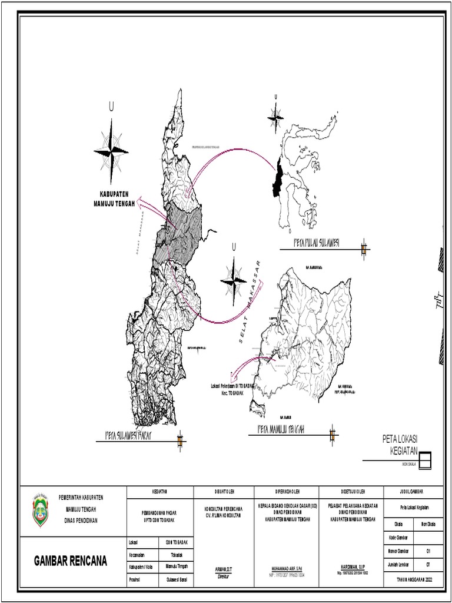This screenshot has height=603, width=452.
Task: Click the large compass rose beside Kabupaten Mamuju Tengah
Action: tap(111, 150)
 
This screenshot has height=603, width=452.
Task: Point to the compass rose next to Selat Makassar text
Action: tap(234, 280)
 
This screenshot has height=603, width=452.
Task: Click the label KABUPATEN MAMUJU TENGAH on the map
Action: tap(114, 199)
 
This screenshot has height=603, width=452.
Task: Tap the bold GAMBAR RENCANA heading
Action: tap(71, 561)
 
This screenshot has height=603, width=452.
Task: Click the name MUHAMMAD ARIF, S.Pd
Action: tap(286, 569)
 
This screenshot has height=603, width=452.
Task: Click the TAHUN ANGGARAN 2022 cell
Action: tap(412, 581)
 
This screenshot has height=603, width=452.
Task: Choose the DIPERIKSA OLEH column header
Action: tap(286, 491)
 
